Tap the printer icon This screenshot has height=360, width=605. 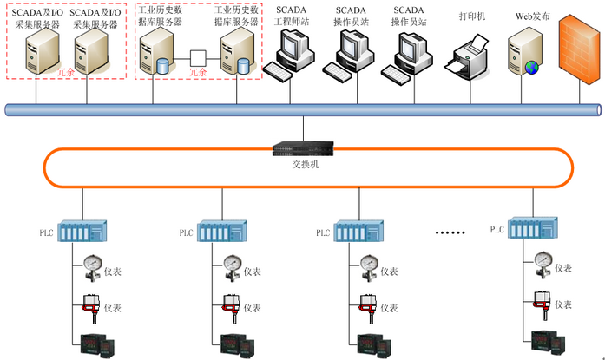click(470, 59)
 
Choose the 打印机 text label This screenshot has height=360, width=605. click(472, 16)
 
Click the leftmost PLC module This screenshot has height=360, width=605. click(82, 232)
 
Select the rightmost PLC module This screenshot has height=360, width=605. click(532, 229)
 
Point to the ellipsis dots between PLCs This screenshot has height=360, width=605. click(450, 232)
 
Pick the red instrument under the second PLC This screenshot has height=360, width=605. click(230, 305)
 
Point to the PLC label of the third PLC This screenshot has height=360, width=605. click(323, 233)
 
